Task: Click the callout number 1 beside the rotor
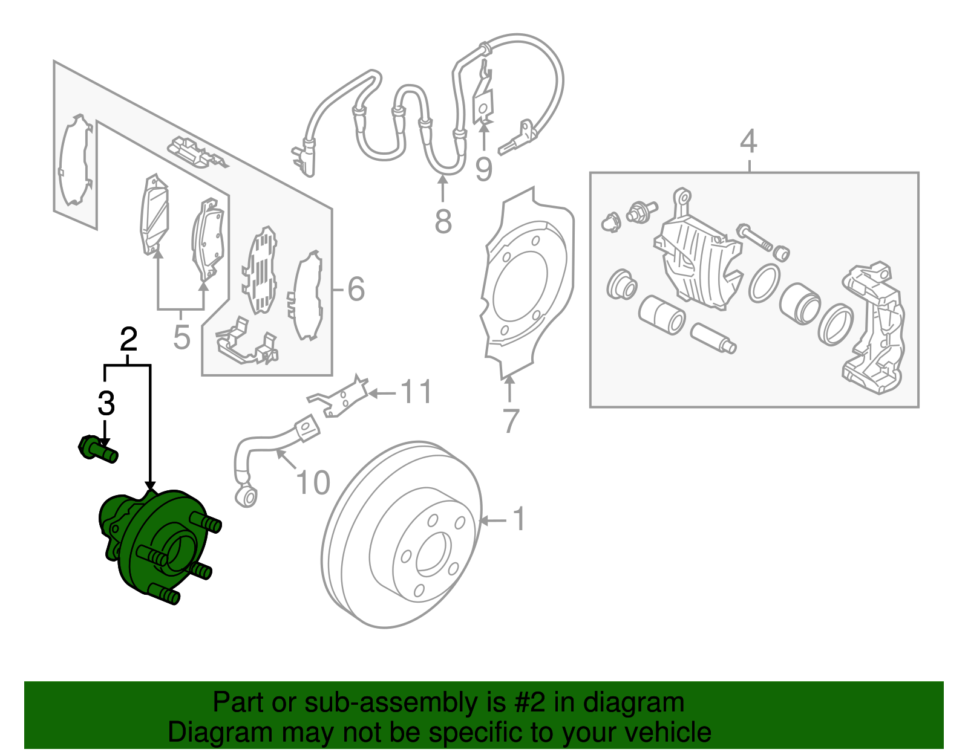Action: click(x=519, y=519)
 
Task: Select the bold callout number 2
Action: click(x=128, y=340)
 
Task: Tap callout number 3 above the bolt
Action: click(x=106, y=403)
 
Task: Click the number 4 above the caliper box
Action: click(x=748, y=141)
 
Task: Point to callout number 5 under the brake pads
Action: click(x=181, y=337)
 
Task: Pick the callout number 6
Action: click(x=356, y=289)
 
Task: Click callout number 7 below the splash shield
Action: click(x=511, y=421)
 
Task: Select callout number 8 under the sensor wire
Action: click(x=443, y=221)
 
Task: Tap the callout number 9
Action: click(x=483, y=169)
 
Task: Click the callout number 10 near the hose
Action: click(x=313, y=482)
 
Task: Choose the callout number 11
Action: click(x=417, y=392)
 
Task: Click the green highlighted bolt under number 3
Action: click(x=97, y=449)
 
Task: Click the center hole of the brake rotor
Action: click(x=433, y=552)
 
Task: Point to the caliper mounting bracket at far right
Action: click(x=874, y=329)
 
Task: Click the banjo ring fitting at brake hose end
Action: click(x=247, y=497)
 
